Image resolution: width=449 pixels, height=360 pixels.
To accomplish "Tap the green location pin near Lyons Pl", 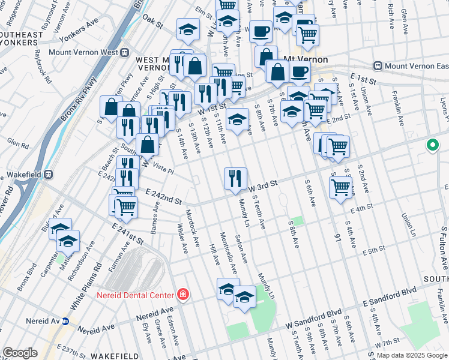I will pos(432,145).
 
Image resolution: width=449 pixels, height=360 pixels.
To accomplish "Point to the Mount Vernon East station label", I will pos(409,65).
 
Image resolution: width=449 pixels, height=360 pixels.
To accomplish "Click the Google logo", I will pos(20,353).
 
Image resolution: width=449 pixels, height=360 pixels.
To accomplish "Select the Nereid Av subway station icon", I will pos(65,321).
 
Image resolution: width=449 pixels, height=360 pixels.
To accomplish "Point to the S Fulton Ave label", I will pos(444,246).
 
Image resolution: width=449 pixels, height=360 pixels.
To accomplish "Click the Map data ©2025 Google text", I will pos(412,355).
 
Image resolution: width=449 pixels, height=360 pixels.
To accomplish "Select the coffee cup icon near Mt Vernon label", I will pos(300,73).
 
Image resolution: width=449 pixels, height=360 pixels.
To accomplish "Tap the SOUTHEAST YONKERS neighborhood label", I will pos(24,39).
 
